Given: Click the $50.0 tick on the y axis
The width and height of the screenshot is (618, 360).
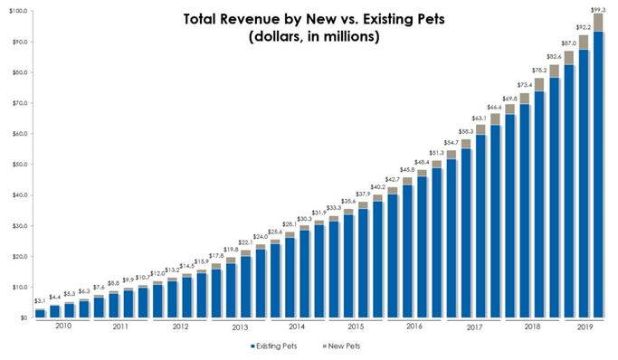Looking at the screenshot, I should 17,165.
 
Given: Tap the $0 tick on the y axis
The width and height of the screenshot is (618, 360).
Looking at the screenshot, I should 22,318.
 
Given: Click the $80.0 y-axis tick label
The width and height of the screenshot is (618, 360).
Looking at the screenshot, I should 17,72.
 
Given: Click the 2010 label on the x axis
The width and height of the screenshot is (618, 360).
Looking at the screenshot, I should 62,327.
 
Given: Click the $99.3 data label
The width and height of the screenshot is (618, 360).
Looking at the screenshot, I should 598,9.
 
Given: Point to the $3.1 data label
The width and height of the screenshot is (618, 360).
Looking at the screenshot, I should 40,301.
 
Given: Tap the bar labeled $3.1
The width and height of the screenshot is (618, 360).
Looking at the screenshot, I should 40,313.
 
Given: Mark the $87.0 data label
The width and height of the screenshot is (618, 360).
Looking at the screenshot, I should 569,43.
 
